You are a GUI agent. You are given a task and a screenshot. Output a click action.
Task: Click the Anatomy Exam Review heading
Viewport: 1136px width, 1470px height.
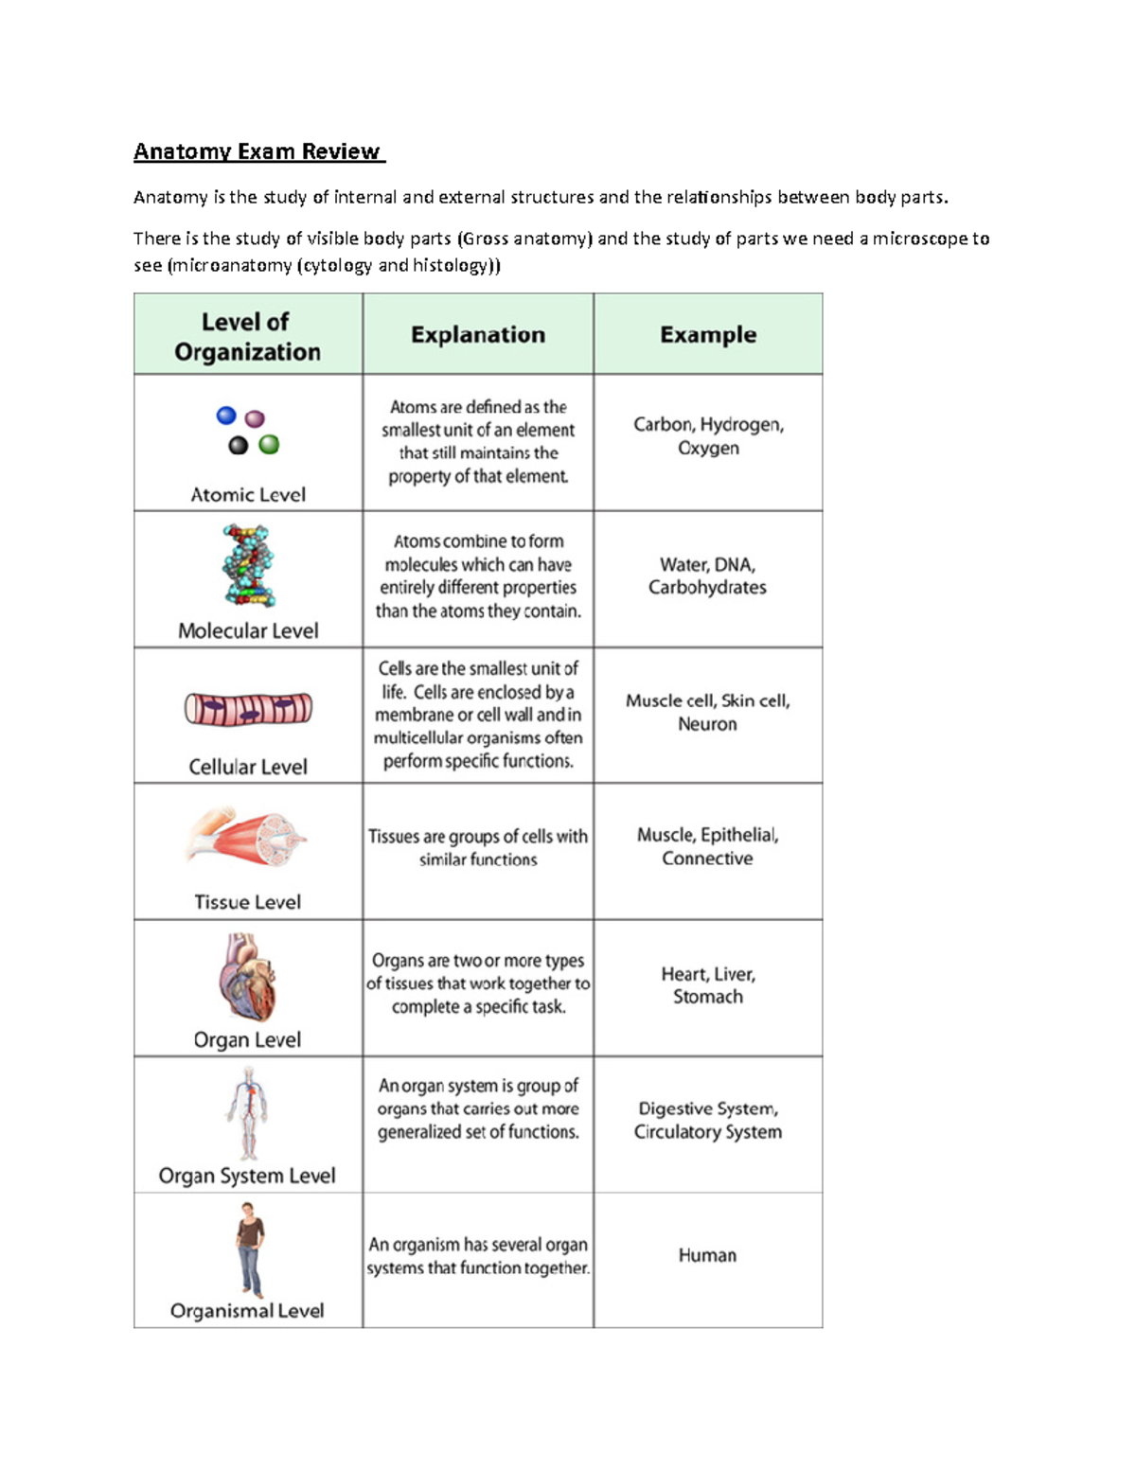tap(257, 151)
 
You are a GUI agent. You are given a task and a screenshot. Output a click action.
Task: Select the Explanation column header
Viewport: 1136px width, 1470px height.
tap(477, 335)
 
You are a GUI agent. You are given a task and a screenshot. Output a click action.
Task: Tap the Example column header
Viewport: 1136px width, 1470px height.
tap(707, 335)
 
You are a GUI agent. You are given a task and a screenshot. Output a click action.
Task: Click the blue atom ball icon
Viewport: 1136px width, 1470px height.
tap(226, 415)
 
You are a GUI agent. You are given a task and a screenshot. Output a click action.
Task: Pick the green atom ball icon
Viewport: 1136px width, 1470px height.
tap(269, 444)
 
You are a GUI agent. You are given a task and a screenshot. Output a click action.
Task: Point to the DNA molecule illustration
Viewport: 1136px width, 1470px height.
tap(248, 565)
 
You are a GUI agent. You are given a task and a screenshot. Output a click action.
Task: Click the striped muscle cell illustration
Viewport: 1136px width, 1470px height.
tap(248, 709)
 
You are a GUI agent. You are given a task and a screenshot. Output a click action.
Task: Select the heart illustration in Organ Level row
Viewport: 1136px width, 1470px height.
tap(248, 977)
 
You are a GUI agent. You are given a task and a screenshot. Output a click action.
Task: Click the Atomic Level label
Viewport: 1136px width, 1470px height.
tap(248, 495)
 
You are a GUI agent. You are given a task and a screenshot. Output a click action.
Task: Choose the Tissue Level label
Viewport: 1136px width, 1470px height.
tap(248, 902)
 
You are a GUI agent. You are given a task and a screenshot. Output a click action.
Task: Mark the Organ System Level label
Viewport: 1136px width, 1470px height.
tap(247, 1176)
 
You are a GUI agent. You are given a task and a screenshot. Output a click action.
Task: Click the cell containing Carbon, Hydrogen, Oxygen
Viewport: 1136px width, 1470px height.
tap(708, 436)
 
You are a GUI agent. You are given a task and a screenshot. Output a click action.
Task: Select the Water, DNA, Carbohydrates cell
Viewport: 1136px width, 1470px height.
tap(707, 576)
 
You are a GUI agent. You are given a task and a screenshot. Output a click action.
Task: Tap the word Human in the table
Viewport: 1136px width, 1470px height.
tap(707, 1255)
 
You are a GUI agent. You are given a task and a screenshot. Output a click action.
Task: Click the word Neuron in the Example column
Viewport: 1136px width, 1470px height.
tap(707, 724)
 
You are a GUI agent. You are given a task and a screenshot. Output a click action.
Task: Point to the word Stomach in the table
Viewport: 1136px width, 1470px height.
tap(707, 997)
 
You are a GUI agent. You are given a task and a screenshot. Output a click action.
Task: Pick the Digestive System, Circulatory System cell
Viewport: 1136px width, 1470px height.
tap(707, 1120)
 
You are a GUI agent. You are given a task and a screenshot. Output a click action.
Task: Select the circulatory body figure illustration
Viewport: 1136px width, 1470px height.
tap(248, 1112)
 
